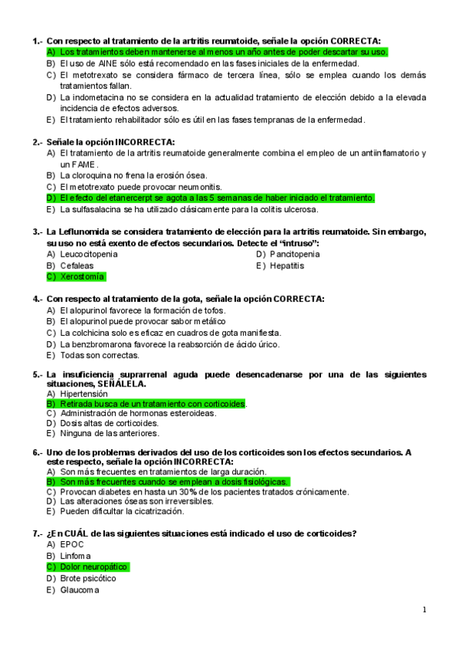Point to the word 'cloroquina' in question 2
click(x=94, y=175)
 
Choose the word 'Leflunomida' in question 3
click(x=86, y=231)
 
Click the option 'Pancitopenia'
click(x=295, y=254)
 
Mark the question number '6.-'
click(x=38, y=452)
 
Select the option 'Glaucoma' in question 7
click(x=80, y=589)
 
